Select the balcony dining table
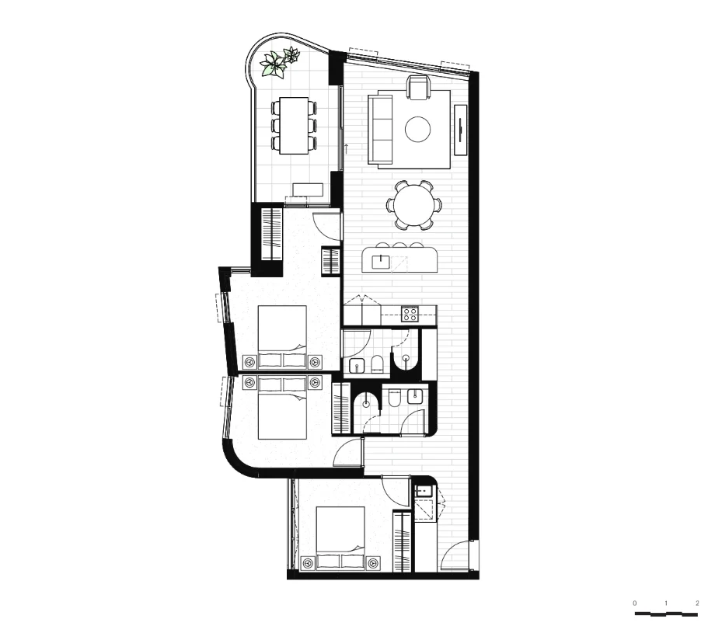[294, 124]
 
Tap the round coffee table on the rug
[418, 129]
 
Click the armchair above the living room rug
[418, 88]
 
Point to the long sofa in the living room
[382, 128]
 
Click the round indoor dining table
[413, 204]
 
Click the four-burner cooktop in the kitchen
[410, 314]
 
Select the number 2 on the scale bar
[697, 603]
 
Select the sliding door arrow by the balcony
[345, 147]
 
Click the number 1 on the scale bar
[666, 603]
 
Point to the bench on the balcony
[308, 189]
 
